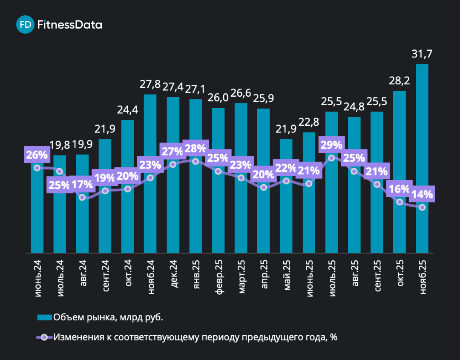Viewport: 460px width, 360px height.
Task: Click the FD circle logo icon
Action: [x=25, y=25]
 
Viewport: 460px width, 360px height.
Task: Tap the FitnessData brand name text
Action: [x=70, y=25]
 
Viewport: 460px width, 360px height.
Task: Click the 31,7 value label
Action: [x=422, y=54]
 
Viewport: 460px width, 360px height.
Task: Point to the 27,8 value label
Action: [x=150, y=84]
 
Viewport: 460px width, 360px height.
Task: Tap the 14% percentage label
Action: [x=422, y=195]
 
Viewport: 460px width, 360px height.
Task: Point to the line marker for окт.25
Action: [x=399, y=202]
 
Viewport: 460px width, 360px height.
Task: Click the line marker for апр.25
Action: [x=264, y=187]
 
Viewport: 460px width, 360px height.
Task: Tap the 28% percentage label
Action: [x=195, y=149]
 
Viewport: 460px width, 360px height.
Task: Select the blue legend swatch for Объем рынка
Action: [x=44, y=317]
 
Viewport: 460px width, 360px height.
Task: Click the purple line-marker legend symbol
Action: [x=44, y=337]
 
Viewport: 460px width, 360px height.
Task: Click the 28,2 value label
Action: [x=399, y=81]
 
